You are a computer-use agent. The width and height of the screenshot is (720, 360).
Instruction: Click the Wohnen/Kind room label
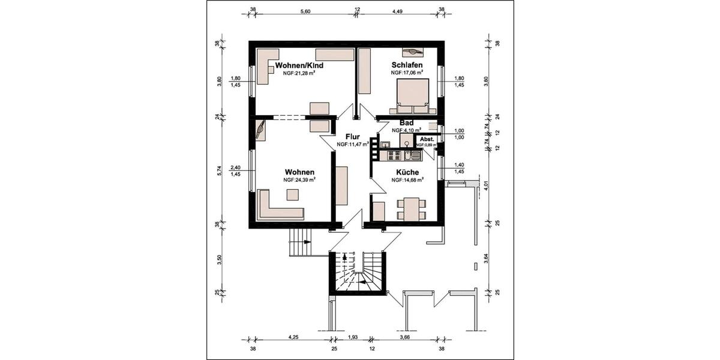pyautogui.click(x=299, y=65)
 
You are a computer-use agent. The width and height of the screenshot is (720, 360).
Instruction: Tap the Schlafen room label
pyautogui.click(x=407, y=65)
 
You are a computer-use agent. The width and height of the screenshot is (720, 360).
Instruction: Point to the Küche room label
pyautogui.click(x=407, y=172)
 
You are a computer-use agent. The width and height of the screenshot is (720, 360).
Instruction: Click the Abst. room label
pyautogui.click(x=427, y=139)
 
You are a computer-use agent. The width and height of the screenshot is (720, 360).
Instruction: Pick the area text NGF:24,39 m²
pyautogui.click(x=300, y=179)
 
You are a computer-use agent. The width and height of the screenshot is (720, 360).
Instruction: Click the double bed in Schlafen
pyautogui.click(x=412, y=96)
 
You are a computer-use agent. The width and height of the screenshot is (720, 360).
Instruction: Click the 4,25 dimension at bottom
pyautogui.click(x=293, y=338)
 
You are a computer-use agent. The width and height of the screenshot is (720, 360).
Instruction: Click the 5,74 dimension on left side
pyautogui.click(x=220, y=170)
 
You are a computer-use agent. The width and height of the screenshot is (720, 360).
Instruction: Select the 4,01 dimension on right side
pyautogui.click(x=487, y=185)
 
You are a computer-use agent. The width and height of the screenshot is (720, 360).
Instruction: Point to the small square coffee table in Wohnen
pyautogui.click(x=292, y=194)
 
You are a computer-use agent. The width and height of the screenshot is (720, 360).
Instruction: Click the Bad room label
pyautogui.click(x=406, y=122)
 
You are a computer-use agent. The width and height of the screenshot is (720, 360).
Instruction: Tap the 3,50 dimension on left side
pyautogui.click(x=220, y=259)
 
